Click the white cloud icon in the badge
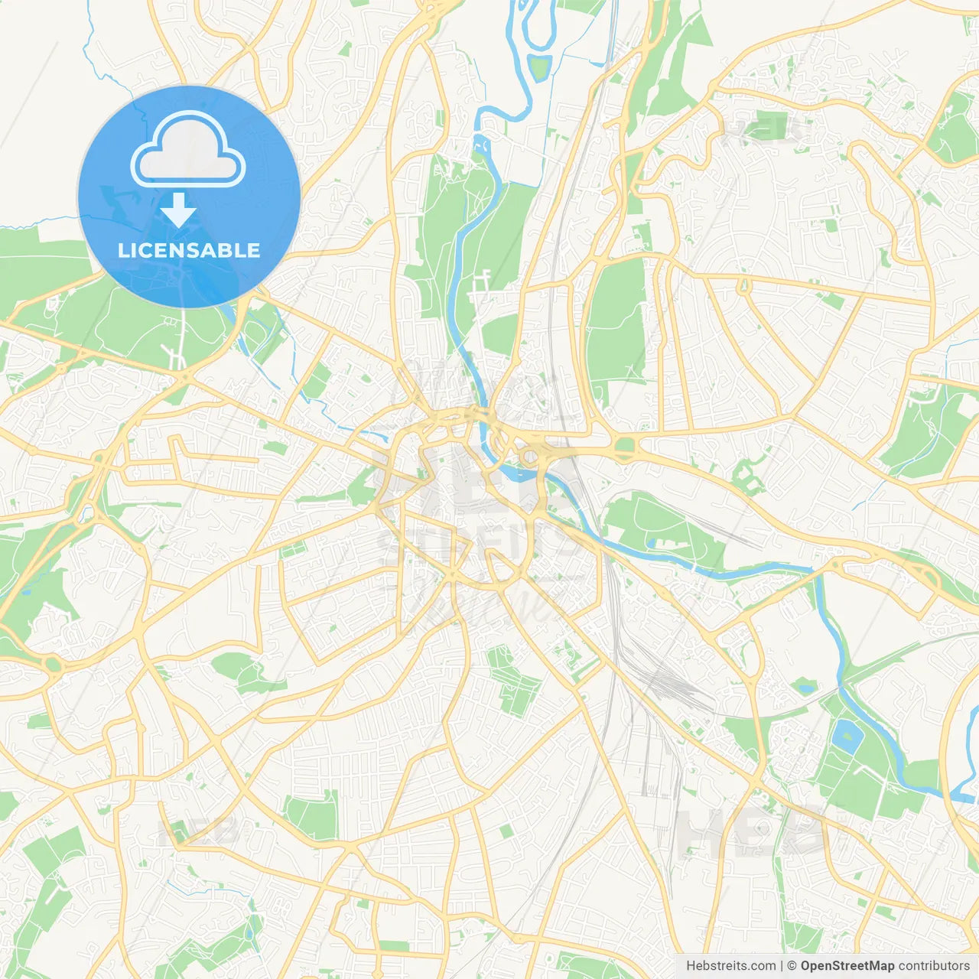click(x=188, y=151)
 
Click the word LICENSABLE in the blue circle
click(x=188, y=250)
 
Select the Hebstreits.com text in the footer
click(x=730, y=966)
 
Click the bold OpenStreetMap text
click(x=847, y=966)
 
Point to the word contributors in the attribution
click(x=934, y=966)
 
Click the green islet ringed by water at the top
click(x=540, y=67)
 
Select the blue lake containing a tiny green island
click(x=847, y=736)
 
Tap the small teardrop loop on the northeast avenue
click(x=743, y=287)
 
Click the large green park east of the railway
click(x=616, y=321)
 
